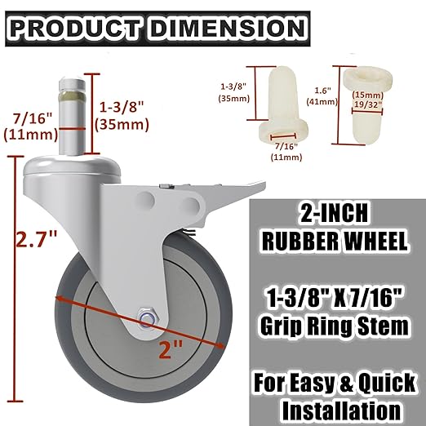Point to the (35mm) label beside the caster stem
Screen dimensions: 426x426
click(x=121, y=125)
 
